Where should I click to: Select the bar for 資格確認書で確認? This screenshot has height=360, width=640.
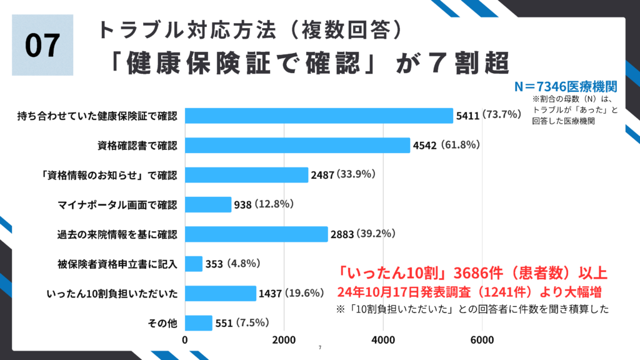tap(297, 145)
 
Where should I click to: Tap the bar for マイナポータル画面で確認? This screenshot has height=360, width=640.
tap(208, 204)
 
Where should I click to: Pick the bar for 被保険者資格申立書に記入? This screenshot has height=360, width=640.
tap(194, 264)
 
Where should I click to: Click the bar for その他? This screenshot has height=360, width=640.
tap(199, 323)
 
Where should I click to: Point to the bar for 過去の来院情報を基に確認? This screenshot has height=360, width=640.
tap(256, 234)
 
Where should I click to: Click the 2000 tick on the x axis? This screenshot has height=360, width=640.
tap(284, 340)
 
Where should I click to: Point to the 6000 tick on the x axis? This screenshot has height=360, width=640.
tap(482, 340)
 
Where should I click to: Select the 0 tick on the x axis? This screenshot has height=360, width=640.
tap(186, 340)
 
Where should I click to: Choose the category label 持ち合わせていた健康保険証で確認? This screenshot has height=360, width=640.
tap(97, 116)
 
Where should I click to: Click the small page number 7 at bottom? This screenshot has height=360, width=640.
tap(319, 348)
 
